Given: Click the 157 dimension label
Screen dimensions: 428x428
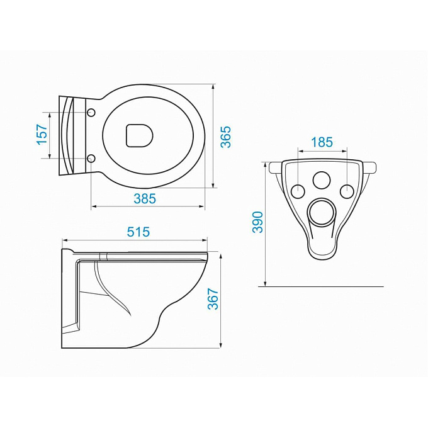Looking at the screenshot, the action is click(x=42, y=135).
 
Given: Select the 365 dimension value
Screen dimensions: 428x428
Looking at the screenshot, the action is click(x=226, y=137).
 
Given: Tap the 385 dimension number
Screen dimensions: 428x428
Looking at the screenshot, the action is click(x=145, y=198).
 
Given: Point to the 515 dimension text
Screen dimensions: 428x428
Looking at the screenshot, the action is click(x=138, y=232).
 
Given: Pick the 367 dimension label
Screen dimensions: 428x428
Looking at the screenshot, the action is click(x=213, y=299).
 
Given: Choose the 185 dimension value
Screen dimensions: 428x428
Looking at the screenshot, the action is click(x=322, y=142).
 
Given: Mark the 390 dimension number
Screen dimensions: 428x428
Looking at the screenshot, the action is click(x=257, y=222).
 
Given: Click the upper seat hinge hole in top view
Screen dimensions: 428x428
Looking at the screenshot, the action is click(x=91, y=113).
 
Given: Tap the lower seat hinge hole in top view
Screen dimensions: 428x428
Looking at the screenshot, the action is click(x=91, y=158).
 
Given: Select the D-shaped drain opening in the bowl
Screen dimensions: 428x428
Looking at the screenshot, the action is click(x=140, y=136).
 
